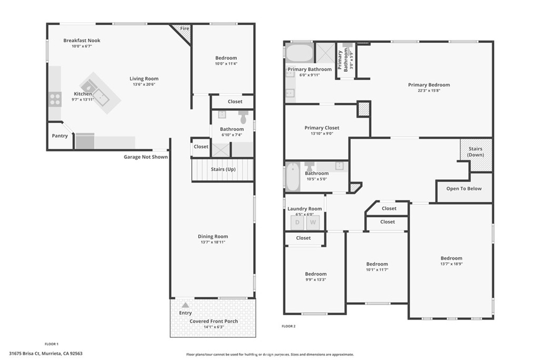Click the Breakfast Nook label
(x=82, y=41)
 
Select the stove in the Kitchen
(x=55, y=99)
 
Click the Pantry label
(x=60, y=136)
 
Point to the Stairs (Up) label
(x=223, y=169)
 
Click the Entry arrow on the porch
(x=185, y=305)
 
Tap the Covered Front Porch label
(x=214, y=321)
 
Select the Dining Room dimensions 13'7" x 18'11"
(x=213, y=242)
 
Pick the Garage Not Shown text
(x=146, y=157)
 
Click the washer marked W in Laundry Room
(x=313, y=222)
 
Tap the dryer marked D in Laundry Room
(x=297, y=222)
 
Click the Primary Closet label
(x=322, y=128)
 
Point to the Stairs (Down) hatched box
(x=476, y=155)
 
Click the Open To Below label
(x=464, y=189)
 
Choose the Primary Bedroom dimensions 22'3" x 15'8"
(x=429, y=91)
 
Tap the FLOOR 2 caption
(x=288, y=326)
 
